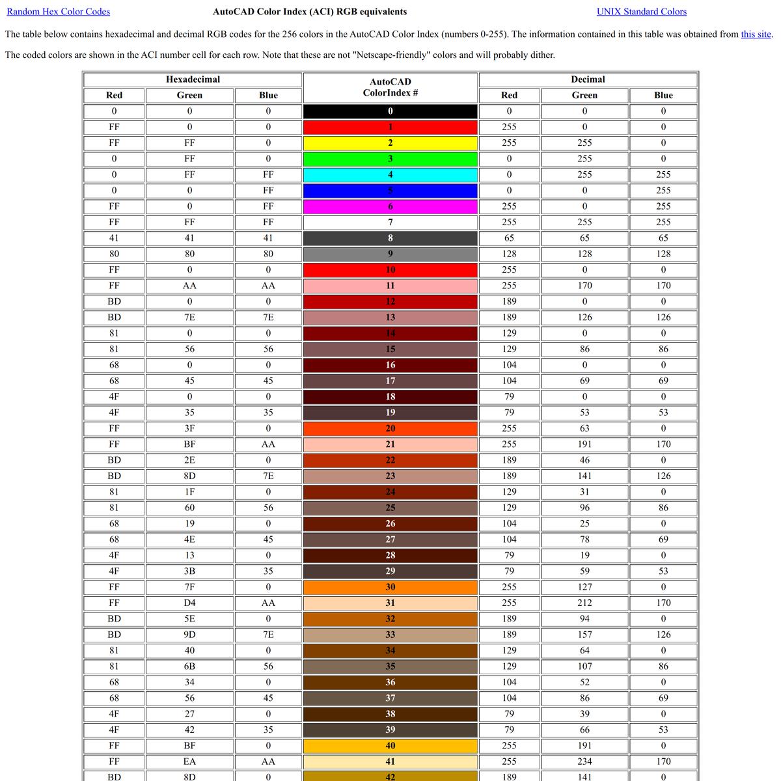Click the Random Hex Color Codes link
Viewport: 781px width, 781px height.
[x=59, y=12]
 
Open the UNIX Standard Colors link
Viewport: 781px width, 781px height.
[x=641, y=12]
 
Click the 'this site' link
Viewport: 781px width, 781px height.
[x=756, y=34]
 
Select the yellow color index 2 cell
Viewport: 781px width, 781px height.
[x=390, y=143]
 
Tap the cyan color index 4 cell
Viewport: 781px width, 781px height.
[x=390, y=174]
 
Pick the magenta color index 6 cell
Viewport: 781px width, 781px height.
[x=390, y=206]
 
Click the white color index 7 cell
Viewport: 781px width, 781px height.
[x=390, y=222]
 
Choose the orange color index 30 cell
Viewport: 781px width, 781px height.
[x=390, y=587]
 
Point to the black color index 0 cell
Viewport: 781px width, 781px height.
[x=390, y=111]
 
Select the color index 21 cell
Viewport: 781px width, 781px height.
[x=390, y=445]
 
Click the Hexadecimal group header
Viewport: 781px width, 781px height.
[x=193, y=79]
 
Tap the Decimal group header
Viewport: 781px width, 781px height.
[x=588, y=79]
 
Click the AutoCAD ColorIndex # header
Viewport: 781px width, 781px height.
[x=390, y=87]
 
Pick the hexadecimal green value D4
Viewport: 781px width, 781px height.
[x=189, y=603]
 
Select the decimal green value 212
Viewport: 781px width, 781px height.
[x=584, y=603]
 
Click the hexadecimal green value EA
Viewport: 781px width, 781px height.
[x=189, y=761]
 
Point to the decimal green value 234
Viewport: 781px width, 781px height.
[x=584, y=761]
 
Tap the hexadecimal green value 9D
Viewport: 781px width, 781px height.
[x=189, y=635]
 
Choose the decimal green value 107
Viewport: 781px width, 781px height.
[x=584, y=666]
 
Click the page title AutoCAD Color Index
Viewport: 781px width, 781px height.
[x=310, y=12]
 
